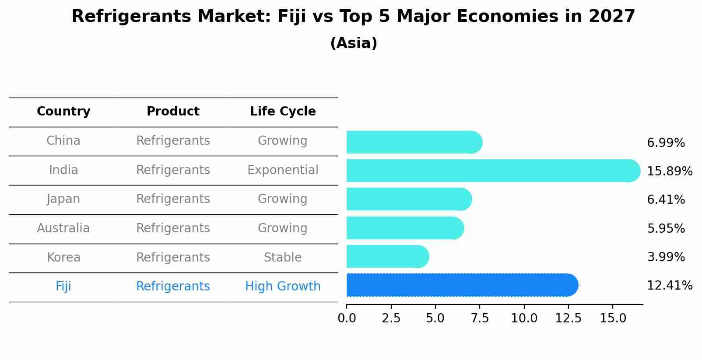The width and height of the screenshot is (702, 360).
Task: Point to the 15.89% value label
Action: tap(669, 171)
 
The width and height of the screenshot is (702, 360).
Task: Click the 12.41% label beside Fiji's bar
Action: tap(669, 286)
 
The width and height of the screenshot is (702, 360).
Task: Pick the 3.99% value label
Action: tap(666, 257)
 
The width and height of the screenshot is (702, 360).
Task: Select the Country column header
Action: tap(63, 112)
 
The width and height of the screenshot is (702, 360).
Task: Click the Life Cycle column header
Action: tap(283, 112)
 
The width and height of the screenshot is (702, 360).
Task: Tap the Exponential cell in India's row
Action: tap(283, 170)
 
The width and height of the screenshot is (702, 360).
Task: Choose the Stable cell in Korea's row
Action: tap(283, 258)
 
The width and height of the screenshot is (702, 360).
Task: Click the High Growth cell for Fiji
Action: tap(283, 287)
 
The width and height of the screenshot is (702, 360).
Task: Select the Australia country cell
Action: tap(63, 228)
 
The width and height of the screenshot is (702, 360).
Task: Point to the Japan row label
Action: tap(63, 199)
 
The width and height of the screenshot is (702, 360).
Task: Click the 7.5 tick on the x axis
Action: tap(480, 318)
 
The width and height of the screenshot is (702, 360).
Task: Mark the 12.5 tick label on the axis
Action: tap(568, 318)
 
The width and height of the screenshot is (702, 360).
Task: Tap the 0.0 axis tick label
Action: tap(347, 318)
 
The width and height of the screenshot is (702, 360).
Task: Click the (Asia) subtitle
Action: tap(354, 43)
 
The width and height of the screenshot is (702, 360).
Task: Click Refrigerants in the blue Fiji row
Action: tap(173, 287)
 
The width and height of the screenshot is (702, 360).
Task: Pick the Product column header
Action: tap(173, 112)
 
